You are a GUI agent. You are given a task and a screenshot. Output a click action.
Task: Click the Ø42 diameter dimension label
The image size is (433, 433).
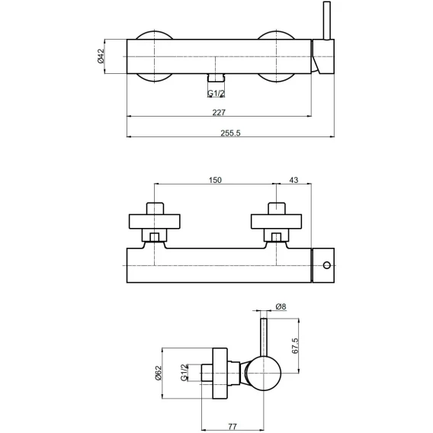pos(101,56)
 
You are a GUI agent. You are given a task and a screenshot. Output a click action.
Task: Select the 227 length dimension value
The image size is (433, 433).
pos(219,112)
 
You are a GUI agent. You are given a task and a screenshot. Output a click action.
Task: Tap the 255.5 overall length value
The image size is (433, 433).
pos(230,133)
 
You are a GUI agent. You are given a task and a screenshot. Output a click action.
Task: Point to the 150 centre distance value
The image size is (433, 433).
pos(215,180)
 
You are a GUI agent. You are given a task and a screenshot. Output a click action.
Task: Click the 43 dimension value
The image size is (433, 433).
pos(293,180)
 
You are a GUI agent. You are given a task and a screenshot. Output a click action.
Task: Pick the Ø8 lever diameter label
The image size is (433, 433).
pos(281,306)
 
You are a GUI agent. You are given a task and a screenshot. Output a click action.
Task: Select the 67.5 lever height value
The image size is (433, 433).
pos(295,346)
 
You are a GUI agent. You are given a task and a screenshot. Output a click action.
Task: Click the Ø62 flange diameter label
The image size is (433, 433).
pos(159,373)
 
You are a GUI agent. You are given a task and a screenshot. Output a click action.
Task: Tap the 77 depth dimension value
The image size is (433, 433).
pos(233,426)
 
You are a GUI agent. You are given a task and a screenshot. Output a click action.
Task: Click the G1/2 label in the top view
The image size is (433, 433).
pos(216,94)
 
